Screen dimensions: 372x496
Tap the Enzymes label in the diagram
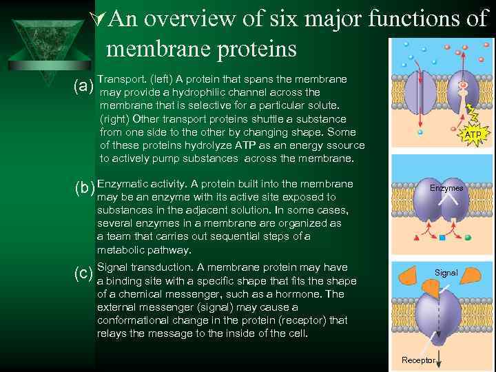point(446,188)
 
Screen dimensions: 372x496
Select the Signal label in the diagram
point(446,273)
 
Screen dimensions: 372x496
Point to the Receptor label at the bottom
point(418,360)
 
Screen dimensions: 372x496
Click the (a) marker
point(84,86)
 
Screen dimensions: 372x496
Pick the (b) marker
point(84,188)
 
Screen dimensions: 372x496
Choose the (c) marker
point(84,273)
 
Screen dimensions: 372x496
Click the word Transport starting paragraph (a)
point(121,79)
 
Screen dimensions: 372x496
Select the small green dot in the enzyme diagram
point(467,238)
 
